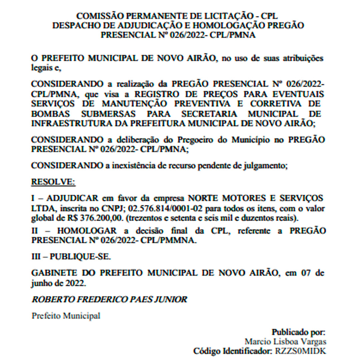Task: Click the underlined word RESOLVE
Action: pos(53,182)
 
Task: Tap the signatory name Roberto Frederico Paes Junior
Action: pos(109,299)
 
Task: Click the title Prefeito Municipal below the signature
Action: pos(66,316)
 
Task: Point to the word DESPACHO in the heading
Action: pos(73,25)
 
